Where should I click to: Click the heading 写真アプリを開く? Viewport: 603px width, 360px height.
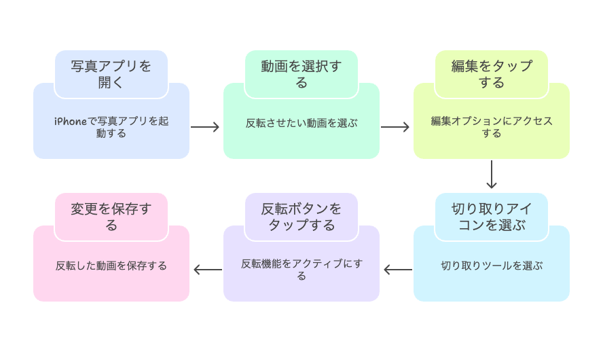(111, 74)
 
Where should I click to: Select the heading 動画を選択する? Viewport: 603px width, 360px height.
(301, 74)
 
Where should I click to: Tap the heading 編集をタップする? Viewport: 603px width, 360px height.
(492, 74)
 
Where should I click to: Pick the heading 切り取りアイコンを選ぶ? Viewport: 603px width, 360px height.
(492, 217)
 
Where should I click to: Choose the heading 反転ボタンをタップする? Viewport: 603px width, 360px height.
(301, 217)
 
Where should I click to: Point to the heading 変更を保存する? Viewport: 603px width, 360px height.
(111, 217)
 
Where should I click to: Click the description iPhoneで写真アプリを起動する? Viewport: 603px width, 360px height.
(111, 127)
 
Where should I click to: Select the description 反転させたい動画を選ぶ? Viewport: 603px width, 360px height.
(301, 124)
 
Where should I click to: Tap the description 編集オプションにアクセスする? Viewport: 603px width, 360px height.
(492, 127)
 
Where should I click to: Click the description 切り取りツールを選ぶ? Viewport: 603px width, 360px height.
(492, 266)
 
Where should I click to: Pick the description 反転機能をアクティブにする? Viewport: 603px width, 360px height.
(301, 270)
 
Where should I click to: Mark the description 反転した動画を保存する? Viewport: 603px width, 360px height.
(111, 266)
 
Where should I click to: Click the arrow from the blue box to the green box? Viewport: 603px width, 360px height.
(206, 127)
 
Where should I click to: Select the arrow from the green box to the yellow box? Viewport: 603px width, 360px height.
(396, 127)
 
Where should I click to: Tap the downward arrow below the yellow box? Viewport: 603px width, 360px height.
(492, 175)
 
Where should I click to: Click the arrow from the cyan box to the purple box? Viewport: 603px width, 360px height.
(397, 270)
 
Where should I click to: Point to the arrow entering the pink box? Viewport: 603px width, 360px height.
(206, 270)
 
